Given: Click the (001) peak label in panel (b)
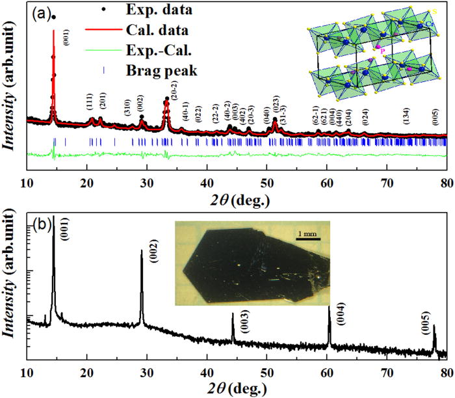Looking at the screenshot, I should click(65, 232).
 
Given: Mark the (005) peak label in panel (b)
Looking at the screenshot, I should click(426, 320).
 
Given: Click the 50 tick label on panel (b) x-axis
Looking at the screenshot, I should click(266, 373).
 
